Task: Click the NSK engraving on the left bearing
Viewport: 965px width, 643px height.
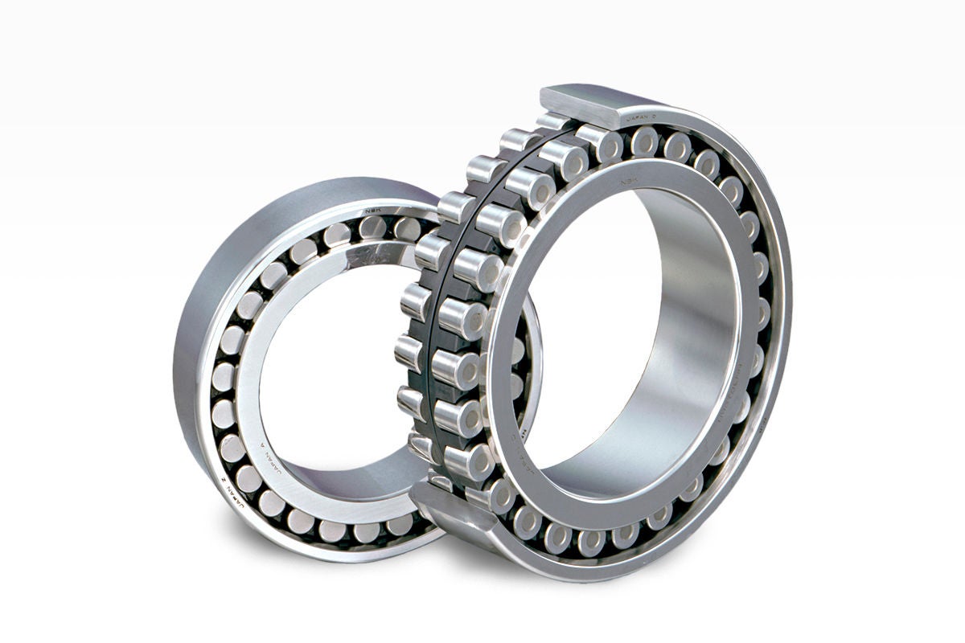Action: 372,211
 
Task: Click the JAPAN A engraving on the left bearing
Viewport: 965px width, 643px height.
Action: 275,462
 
